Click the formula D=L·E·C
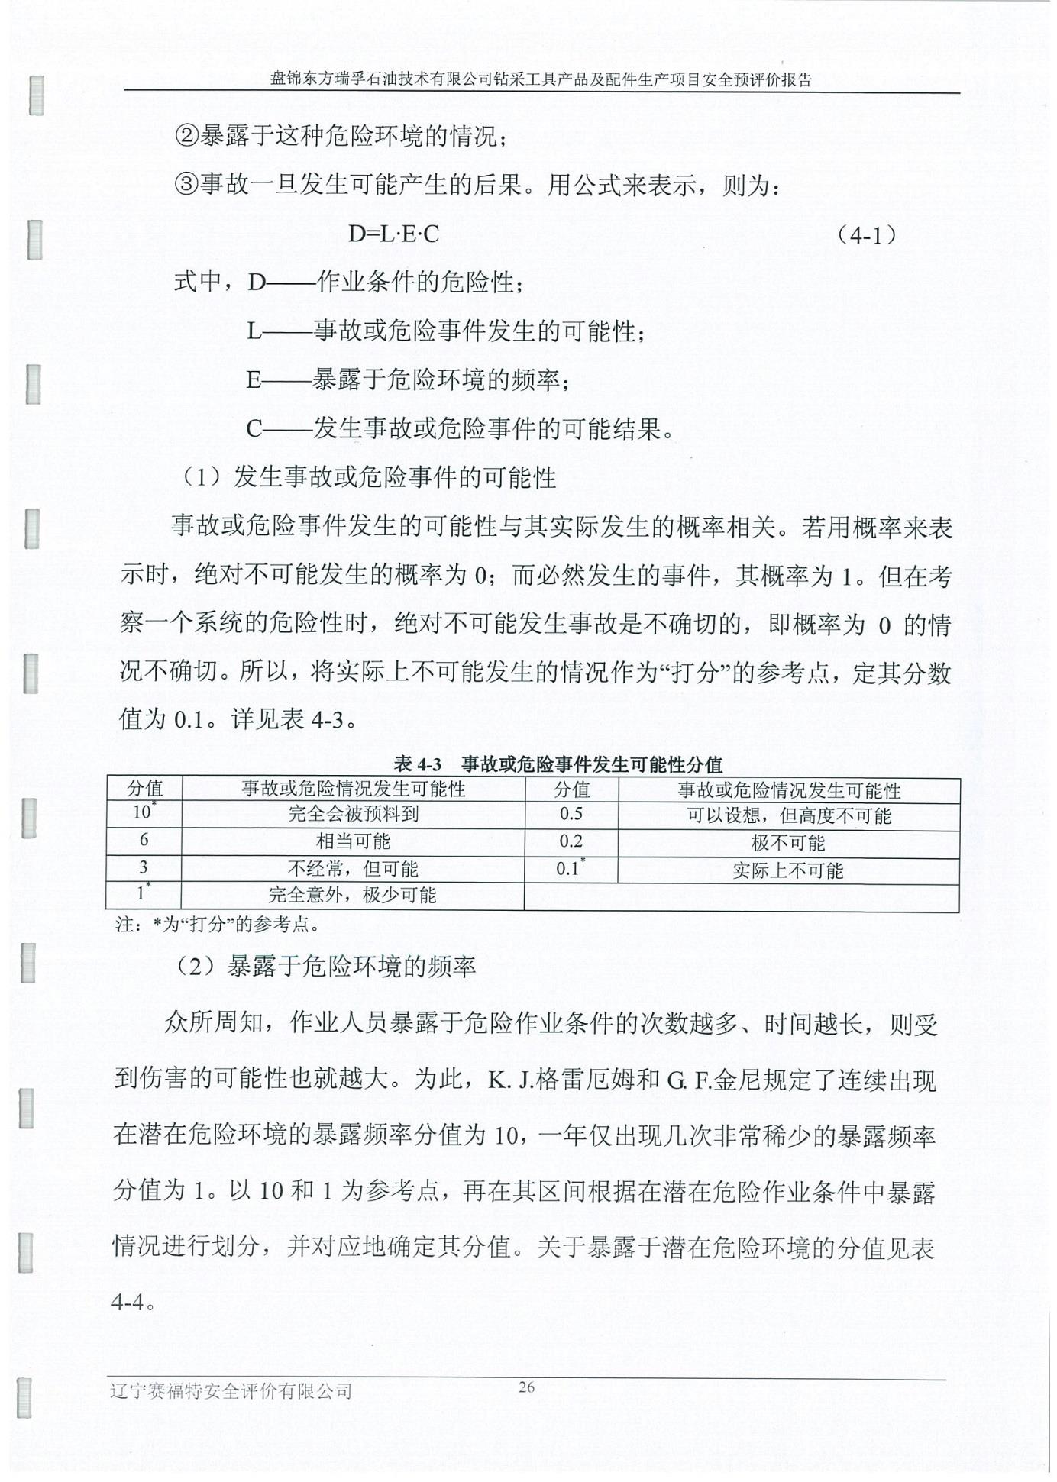point(393,234)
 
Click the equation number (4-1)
point(865,234)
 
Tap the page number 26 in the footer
point(527,1387)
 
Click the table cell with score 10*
point(143,812)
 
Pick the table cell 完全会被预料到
point(353,813)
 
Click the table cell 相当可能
point(353,841)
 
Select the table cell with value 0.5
point(571,814)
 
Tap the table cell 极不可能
point(788,843)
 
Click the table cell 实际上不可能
point(787,870)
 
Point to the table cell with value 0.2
point(571,841)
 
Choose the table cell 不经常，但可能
point(353,868)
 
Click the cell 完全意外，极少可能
point(352,895)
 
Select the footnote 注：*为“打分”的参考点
point(217,925)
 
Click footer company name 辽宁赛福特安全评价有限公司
point(231,1391)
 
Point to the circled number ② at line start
point(186,137)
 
